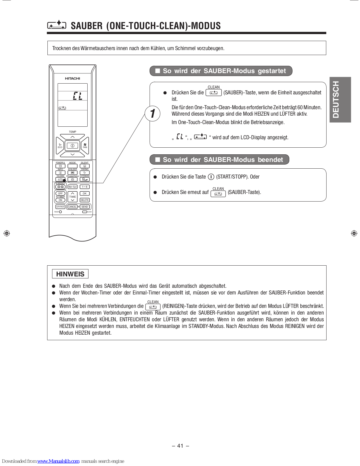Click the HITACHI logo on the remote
[72, 78]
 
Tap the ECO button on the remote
[60, 146]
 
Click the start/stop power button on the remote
[72, 146]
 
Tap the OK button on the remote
[84, 193]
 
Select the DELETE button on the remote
[84, 200]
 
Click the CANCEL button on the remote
[72, 207]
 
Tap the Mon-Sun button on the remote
[72, 187]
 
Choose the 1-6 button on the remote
[84, 187]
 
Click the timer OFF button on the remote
[60, 193]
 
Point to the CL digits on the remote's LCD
[77, 96]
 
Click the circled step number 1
[152, 113]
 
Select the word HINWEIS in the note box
[70, 274]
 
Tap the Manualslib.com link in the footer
[58, 461]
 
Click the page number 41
[180, 446]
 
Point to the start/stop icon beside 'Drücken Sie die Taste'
[211, 177]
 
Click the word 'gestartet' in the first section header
[272, 71]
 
